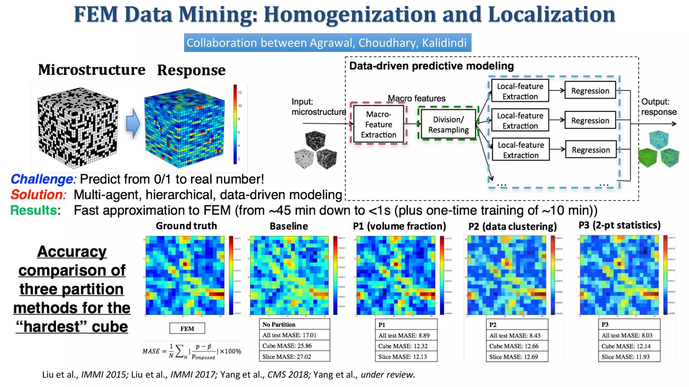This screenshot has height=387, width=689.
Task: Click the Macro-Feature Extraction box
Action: (378, 124)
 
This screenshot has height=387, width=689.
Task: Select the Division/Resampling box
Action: (448, 125)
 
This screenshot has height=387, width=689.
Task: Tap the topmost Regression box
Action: (590, 91)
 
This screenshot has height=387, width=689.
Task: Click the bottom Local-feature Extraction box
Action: (520, 150)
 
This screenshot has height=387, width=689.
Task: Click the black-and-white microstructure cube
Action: (78, 127)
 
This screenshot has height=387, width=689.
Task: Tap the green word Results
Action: (34, 210)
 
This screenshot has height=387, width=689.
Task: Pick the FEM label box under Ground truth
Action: (187, 329)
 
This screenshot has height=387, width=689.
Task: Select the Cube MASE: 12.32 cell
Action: (406, 346)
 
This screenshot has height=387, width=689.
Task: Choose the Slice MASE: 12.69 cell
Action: (517, 357)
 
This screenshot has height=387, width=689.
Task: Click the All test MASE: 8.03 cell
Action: (629, 335)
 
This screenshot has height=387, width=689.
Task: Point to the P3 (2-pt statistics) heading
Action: (619, 225)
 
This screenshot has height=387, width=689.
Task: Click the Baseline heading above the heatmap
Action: (289, 226)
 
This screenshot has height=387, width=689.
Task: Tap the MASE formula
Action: (192, 351)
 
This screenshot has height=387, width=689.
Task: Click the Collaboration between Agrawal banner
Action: (327, 43)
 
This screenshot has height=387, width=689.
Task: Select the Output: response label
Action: (658, 107)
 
